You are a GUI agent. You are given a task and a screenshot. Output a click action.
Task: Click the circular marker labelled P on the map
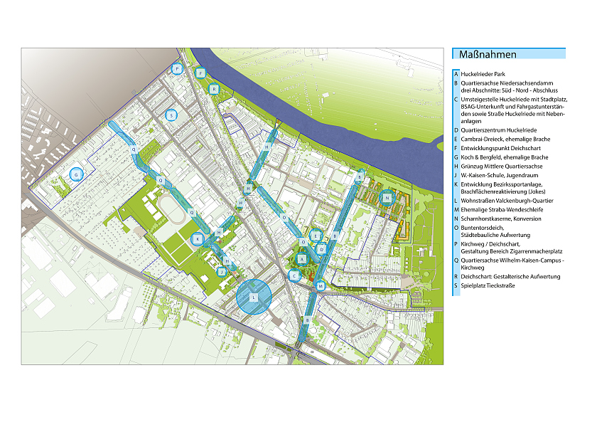coord(178,69)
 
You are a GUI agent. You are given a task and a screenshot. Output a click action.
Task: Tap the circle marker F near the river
coord(201,73)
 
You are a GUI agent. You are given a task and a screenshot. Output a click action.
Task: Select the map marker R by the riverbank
coord(213,89)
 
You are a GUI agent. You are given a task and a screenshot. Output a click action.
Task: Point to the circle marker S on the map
coord(171,115)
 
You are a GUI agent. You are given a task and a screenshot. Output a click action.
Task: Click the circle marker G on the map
coord(76,174)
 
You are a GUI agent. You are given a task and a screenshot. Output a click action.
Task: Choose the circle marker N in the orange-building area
coord(387,197)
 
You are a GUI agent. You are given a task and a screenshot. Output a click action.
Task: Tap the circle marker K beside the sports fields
coord(198,239)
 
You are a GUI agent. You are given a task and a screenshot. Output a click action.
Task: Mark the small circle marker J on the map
coord(222,271)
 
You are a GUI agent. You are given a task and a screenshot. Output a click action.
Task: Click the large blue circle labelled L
coord(253,297)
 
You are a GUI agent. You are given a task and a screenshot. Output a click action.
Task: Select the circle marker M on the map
coord(321,285)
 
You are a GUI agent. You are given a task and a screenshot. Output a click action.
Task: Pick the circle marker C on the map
coord(294,275)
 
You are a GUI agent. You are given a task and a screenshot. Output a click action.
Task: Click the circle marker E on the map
coord(316,236)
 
